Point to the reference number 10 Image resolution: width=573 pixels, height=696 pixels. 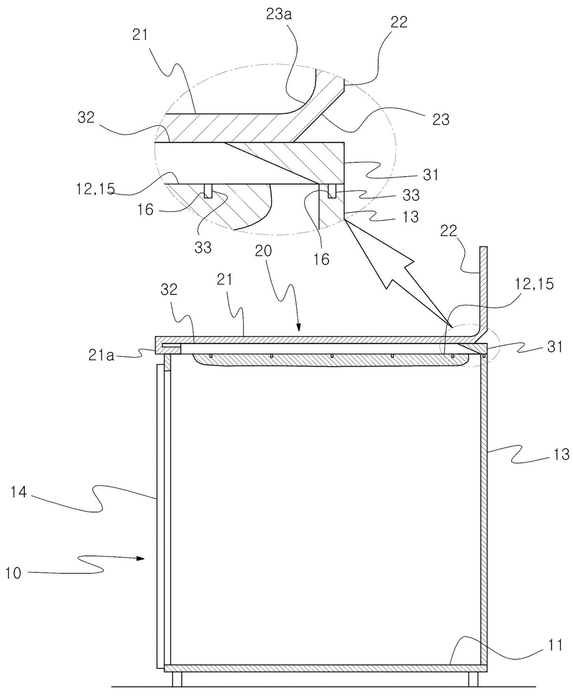coord(13,573)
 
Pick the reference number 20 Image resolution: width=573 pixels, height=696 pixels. coord(264,252)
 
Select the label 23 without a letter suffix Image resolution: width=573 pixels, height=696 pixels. coord(441,120)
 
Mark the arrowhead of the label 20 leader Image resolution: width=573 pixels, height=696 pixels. coord(299,327)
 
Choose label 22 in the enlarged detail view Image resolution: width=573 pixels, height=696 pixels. coord(399,22)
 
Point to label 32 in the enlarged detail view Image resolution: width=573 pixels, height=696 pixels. coord(86,117)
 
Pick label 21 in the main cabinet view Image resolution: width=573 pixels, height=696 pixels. coord(225,280)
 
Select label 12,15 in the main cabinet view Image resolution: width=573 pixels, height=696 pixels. coord(535,285)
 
